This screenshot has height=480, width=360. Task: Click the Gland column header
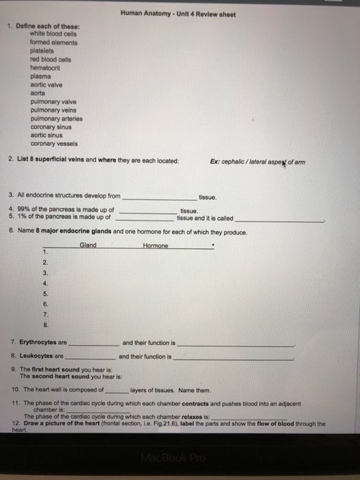tap(88, 245)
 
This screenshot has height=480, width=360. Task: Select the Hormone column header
tap(156, 245)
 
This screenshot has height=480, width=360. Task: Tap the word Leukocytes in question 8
tap(38, 357)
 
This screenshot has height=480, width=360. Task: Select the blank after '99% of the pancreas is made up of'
tap(146, 211)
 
